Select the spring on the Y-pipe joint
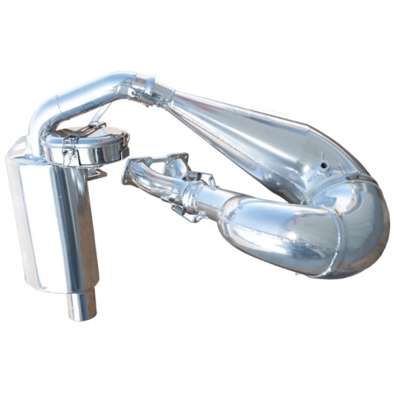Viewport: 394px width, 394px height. point(208,182)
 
